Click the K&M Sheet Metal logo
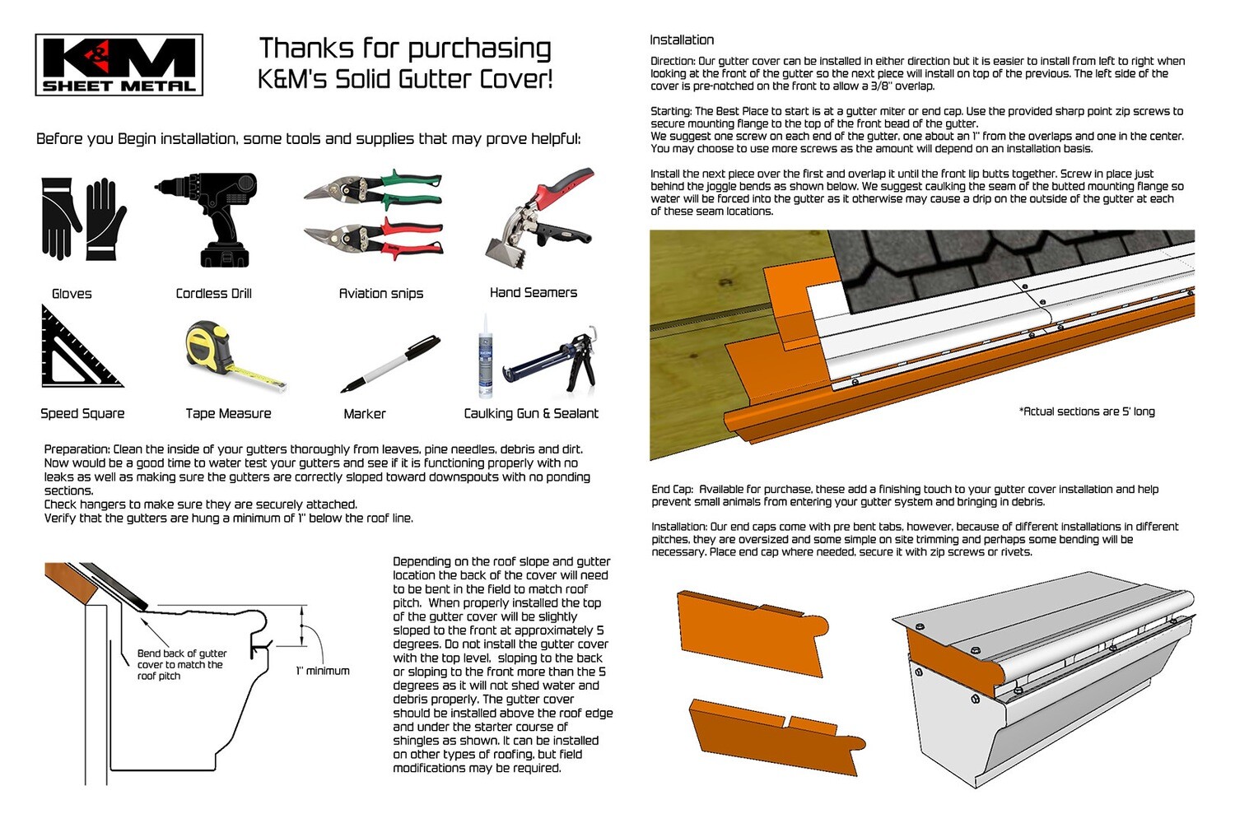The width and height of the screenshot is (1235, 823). click(119, 65)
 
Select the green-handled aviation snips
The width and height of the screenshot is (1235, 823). click(373, 189)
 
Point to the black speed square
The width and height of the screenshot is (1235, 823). click(82, 346)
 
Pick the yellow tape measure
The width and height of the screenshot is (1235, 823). click(235, 356)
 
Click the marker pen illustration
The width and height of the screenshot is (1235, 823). click(390, 364)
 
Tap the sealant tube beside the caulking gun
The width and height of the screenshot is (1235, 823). click(485, 356)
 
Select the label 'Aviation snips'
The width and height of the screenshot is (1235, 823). click(381, 293)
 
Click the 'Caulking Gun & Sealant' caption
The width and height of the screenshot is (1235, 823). click(531, 413)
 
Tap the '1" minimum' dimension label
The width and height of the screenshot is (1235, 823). click(323, 671)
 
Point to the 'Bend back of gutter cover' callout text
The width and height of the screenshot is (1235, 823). click(182, 664)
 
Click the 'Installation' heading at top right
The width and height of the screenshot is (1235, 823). click(682, 40)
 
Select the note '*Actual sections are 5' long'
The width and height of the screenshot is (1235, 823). click(1087, 411)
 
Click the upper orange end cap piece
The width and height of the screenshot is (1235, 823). click(753, 633)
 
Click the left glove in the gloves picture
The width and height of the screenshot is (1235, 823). click(61, 218)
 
